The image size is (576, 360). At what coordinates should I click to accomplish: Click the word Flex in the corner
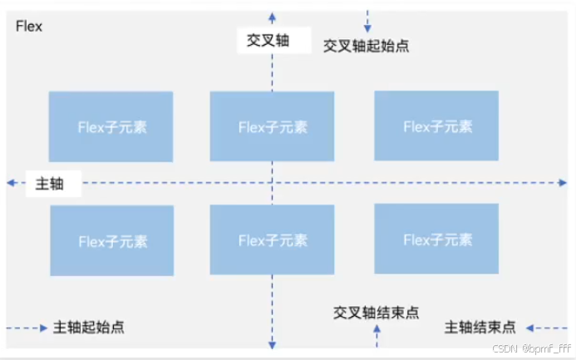pyautogui.click(x=29, y=27)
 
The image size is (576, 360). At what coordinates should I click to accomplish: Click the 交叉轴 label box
pyautogui.click(x=268, y=40)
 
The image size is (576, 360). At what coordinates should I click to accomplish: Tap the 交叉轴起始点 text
pyautogui.click(x=366, y=47)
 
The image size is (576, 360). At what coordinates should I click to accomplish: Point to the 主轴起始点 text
pyautogui.click(x=89, y=327)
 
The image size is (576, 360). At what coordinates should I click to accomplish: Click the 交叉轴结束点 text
pyautogui.click(x=377, y=313)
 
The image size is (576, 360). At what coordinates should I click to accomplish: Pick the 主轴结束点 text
pyautogui.click(x=480, y=327)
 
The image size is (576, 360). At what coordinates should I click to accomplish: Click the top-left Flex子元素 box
pyautogui.click(x=111, y=126)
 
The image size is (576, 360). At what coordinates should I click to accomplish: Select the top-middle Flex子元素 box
pyautogui.click(x=272, y=126)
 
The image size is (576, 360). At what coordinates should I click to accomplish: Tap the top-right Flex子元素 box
pyautogui.click(x=436, y=126)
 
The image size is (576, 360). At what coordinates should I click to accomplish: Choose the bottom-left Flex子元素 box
pyautogui.click(x=112, y=241)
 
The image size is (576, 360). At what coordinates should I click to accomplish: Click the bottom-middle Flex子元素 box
pyautogui.click(x=272, y=239)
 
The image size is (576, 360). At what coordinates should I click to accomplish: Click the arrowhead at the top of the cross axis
pyautogui.click(x=271, y=15)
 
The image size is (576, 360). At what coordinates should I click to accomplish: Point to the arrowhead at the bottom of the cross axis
pyautogui.click(x=271, y=343)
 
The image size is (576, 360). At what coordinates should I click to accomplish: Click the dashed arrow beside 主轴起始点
pyautogui.click(x=27, y=328)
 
